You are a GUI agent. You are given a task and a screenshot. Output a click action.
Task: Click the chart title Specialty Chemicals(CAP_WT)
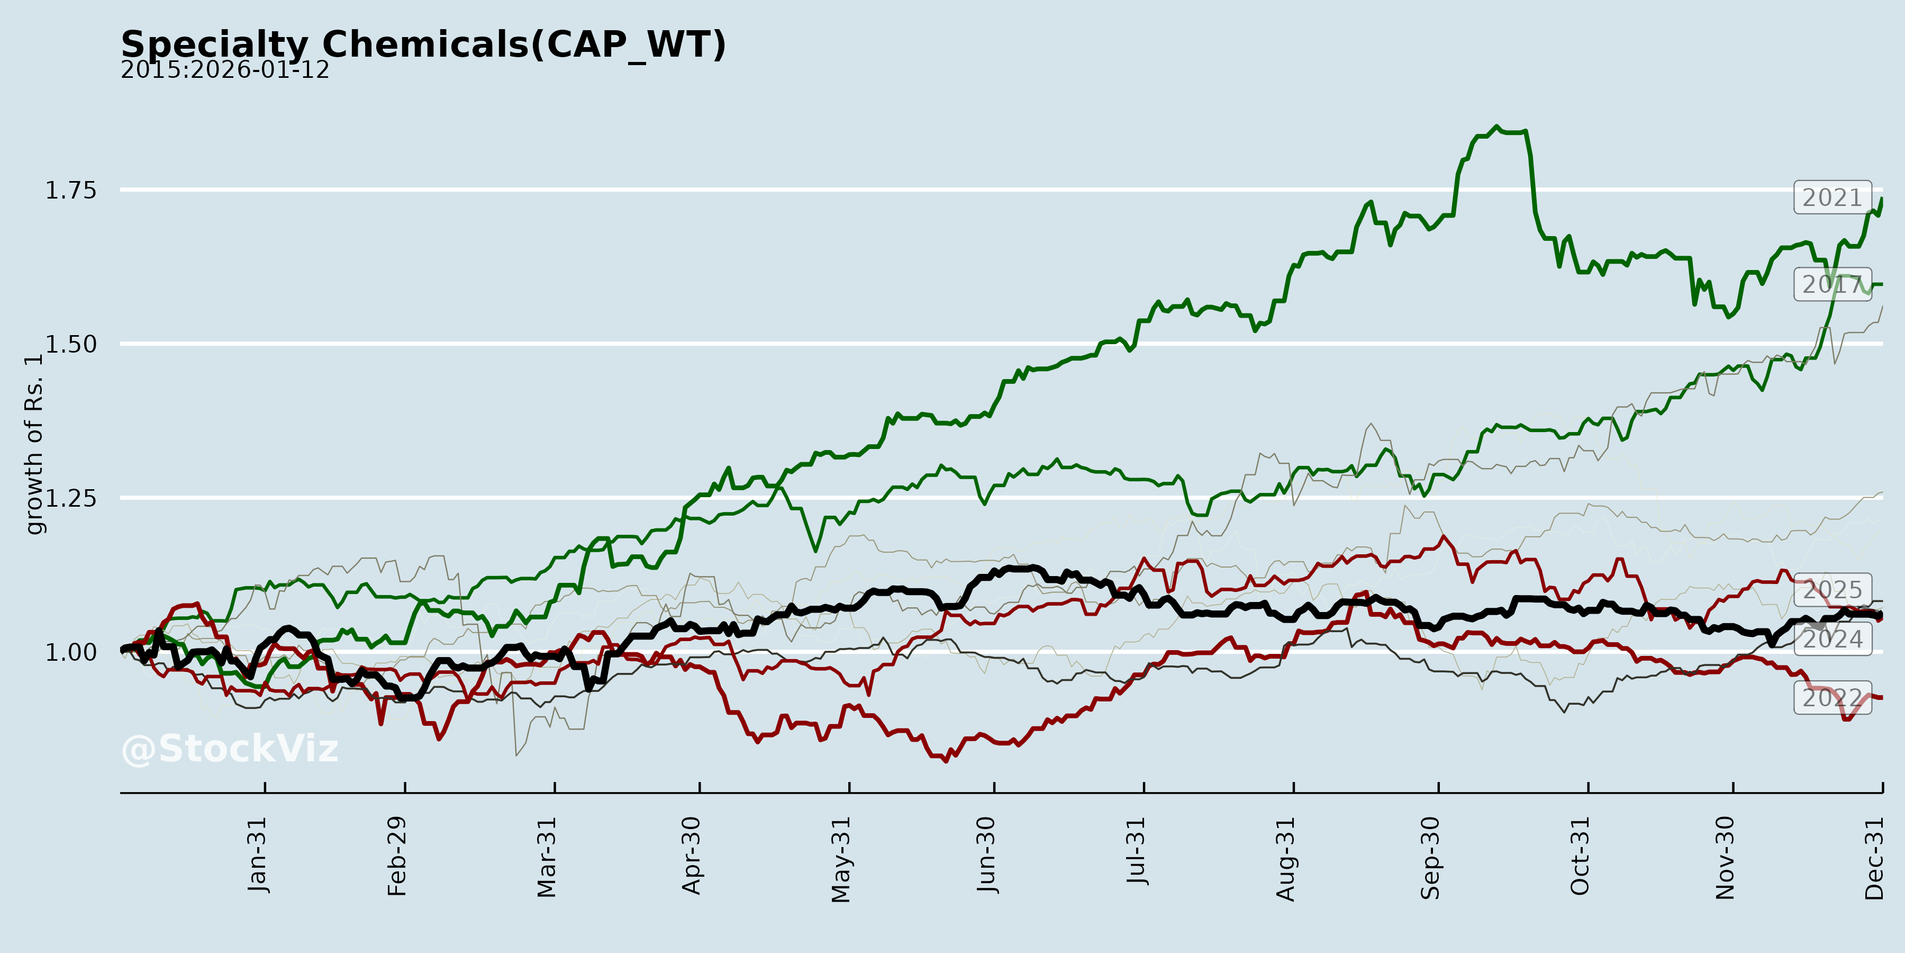click(x=423, y=44)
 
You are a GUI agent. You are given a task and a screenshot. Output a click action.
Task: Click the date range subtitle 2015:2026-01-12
click(x=225, y=70)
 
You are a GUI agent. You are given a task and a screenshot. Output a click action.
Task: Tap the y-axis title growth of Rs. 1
click(x=34, y=444)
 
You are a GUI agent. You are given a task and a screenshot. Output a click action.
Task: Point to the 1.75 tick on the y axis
click(x=71, y=190)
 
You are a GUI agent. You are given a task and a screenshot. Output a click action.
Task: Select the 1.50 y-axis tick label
click(x=71, y=344)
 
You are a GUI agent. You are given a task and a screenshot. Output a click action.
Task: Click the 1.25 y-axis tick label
click(x=71, y=498)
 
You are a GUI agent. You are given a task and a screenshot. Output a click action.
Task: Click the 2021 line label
click(x=1832, y=197)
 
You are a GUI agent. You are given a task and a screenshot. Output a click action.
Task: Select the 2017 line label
click(x=1832, y=284)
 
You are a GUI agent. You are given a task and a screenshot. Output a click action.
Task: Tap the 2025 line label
click(x=1832, y=590)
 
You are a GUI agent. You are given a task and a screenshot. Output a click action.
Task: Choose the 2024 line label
click(x=1832, y=639)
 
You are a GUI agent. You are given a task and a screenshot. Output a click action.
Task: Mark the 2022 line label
click(x=1832, y=698)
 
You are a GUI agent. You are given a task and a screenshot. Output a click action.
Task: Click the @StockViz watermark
click(x=229, y=749)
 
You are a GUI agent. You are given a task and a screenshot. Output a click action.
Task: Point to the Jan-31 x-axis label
click(x=257, y=855)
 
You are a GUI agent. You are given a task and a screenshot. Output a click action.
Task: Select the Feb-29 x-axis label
click(x=397, y=856)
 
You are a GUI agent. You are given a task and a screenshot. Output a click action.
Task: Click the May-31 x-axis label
click(x=841, y=860)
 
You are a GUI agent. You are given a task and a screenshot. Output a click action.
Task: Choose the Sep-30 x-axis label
click(x=1430, y=858)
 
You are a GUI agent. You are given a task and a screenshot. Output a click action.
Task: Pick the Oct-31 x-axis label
click(x=1580, y=856)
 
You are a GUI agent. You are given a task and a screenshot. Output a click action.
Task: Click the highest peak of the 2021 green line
click(x=1497, y=127)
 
